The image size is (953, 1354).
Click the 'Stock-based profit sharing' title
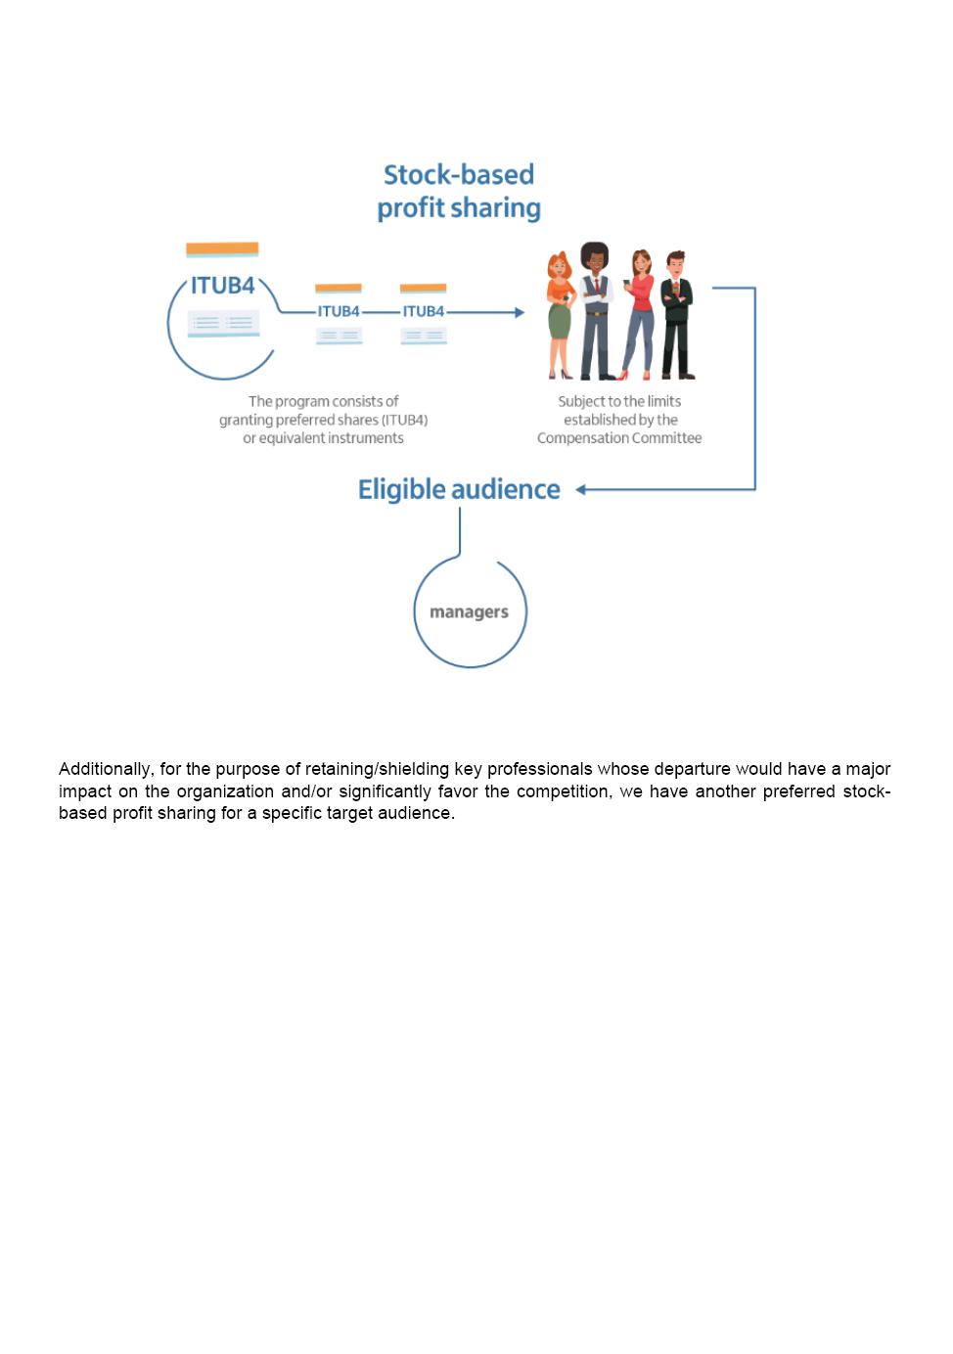pyautogui.click(x=459, y=192)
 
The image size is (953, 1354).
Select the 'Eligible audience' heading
pyautogui.click(x=459, y=489)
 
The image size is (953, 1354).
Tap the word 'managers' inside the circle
pyautogui.click(x=469, y=612)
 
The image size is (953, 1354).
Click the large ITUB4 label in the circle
pyautogui.click(x=222, y=286)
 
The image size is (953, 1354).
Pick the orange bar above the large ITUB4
pyautogui.click(x=222, y=248)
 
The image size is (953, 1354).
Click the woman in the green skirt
pyautogui.click(x=560, y=315)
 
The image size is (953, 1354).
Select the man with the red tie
pyautogui.click(x=596, y=311)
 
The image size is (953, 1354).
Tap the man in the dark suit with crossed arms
pyautogui.click(x=676, y=315)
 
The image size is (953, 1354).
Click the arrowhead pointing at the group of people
pyautogui.click(x=520, y=312)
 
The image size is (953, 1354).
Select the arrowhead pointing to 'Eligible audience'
pyautogui.click(x=581, y=489)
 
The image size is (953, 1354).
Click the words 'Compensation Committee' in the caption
pyautogui.click(x=619, y=438)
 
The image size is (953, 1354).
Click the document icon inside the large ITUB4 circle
pyautogui.click(x=223, y=323)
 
